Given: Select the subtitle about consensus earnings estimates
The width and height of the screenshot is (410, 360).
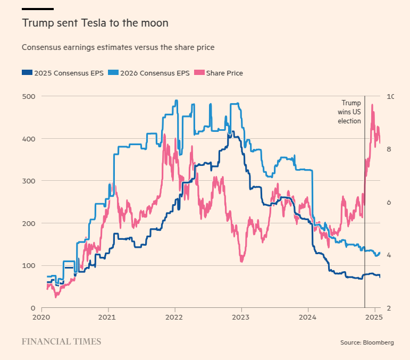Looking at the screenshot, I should coord(118,47).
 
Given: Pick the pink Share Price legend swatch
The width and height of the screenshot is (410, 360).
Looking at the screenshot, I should coord(199,73).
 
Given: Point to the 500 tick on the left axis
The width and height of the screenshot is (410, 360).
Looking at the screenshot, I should coord(29,96).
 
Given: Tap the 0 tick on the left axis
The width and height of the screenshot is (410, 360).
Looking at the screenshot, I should coord(32,308).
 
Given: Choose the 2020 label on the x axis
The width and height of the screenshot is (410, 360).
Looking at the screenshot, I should coord(41,317).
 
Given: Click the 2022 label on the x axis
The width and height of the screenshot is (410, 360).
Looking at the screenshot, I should coord(175,317).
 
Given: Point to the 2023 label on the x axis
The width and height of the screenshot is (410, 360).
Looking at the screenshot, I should coord(241,317).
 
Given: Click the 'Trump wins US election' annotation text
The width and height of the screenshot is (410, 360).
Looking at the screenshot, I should coord(350,112).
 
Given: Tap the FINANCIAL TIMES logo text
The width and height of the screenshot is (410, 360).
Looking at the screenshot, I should coord(61,341).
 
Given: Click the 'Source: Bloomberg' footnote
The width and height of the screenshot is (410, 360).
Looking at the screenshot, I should coord(367,342).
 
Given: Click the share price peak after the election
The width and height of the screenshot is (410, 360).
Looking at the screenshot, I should coord(372,105).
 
